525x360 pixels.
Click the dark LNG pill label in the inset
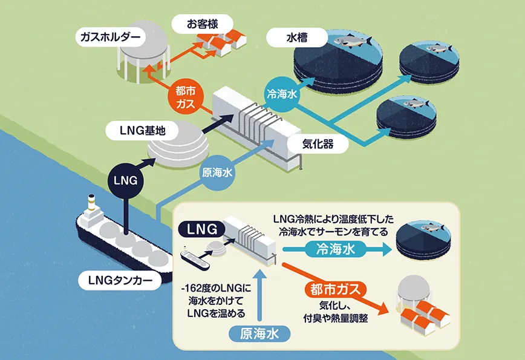point(201,229)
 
